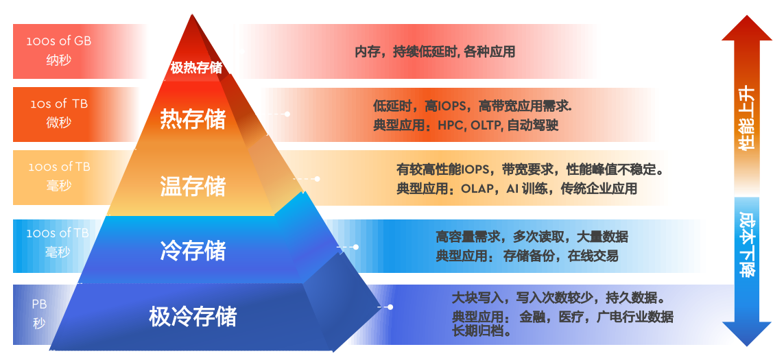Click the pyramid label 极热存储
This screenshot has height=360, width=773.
pos(196,68)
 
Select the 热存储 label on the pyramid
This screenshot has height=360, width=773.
pos(193,120)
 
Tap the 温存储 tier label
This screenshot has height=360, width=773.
pos(193,187)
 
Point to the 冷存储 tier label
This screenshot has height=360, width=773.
pos(193,250)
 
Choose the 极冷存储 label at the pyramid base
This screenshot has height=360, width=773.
pos(193,317)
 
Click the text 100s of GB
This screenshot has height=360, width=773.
pos(59,41)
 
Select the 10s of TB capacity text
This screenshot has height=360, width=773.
pos(59,104)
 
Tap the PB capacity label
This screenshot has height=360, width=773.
pos(39,304)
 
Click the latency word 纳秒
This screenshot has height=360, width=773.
pos(59,60)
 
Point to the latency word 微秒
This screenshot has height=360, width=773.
pos(59,123)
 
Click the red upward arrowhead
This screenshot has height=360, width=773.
pos(746,29)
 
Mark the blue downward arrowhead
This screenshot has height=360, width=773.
pos(747,333)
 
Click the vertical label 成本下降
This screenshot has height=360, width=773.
pos(747,245)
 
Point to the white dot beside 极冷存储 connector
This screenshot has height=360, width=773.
pos(390,307)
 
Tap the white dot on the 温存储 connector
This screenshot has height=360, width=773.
pos(317,179)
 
